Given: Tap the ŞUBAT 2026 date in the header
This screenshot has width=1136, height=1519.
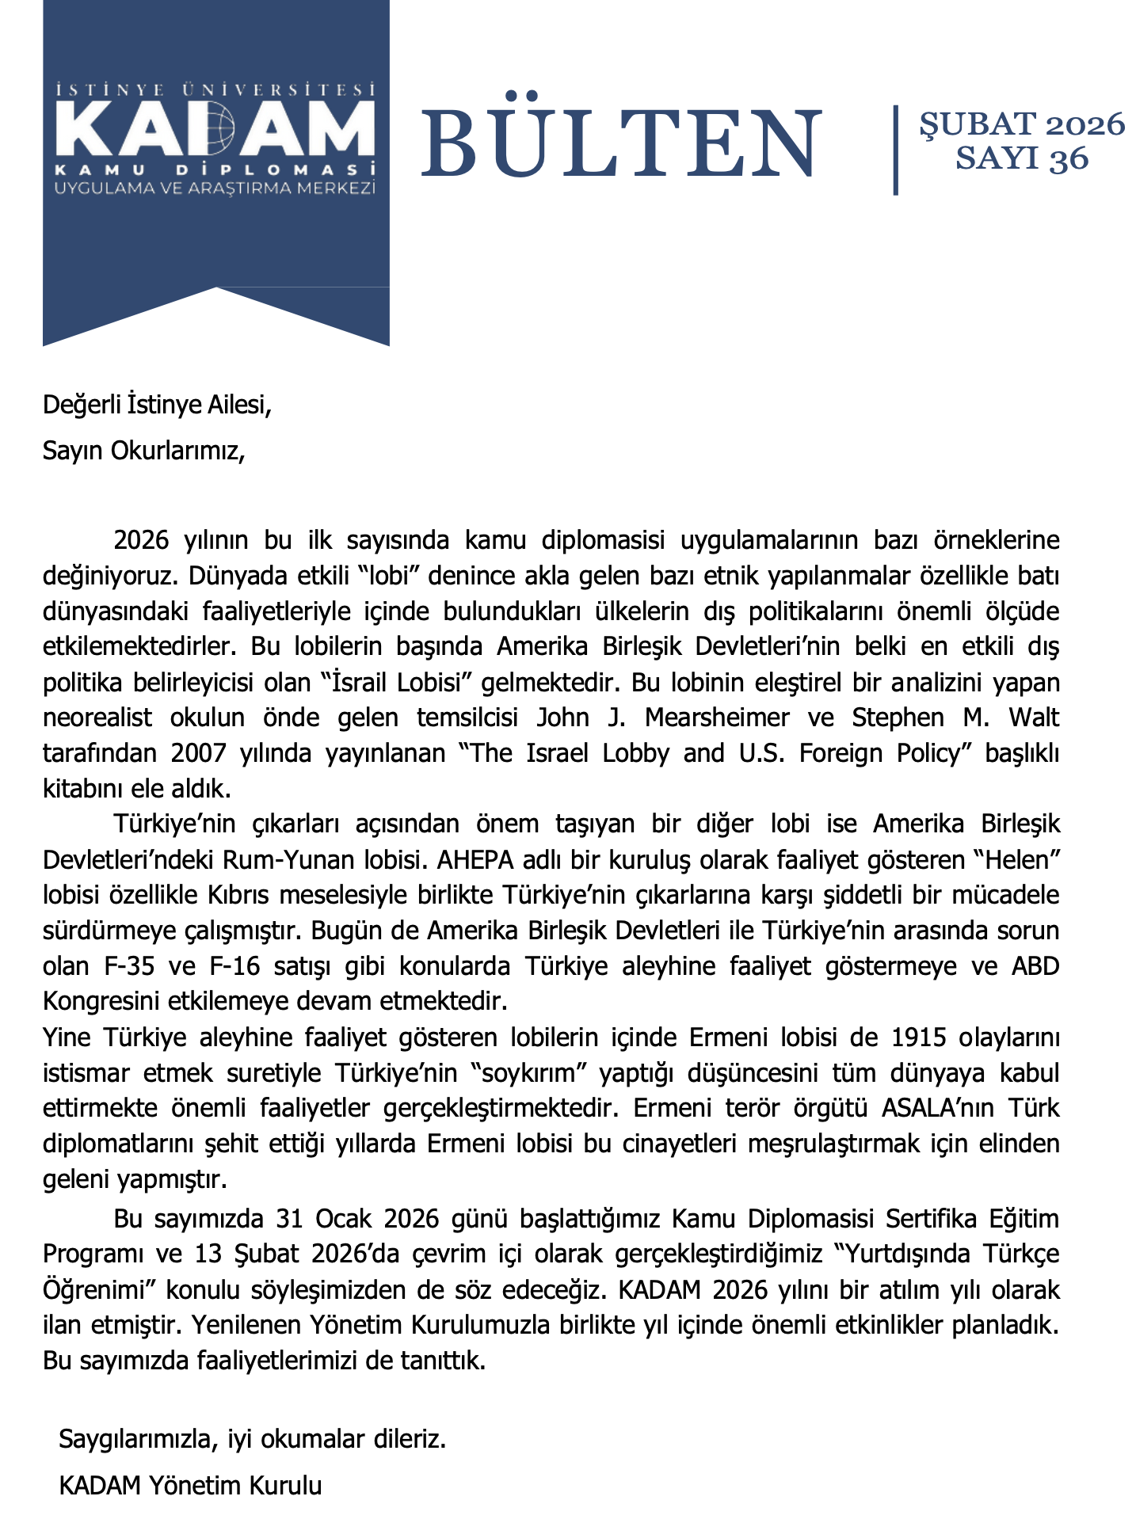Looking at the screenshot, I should pos(1021,124).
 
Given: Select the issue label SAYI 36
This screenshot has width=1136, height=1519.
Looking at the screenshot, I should pos(1021,158).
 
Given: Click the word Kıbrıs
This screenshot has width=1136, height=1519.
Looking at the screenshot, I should pos(234,895).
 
